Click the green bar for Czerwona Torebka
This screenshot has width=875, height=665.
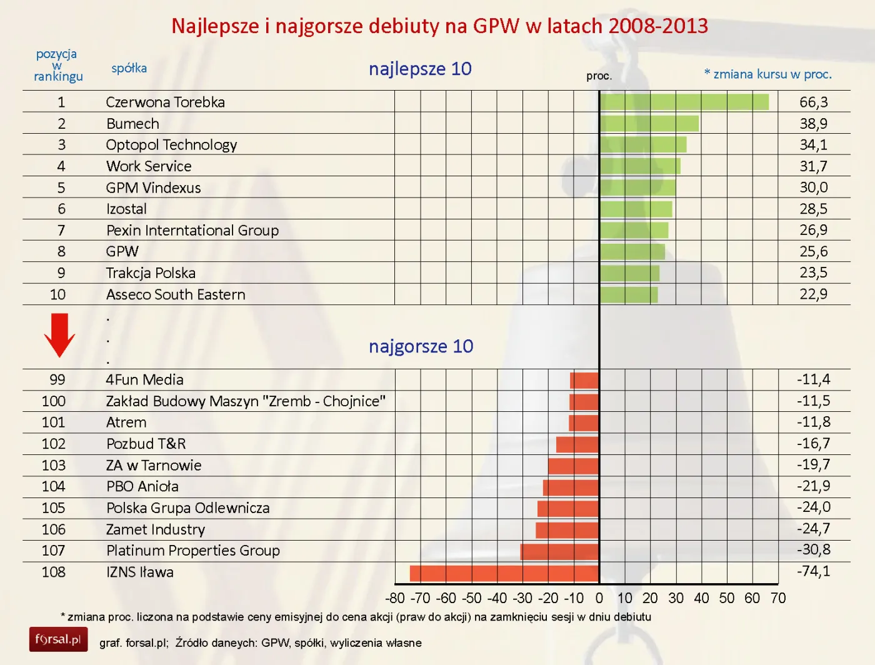(x=684, y=102)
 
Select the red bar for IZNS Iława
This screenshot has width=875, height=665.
(x=504, y=572)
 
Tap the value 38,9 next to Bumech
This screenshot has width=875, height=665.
(x=813, y=124)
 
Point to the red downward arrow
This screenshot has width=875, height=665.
(x=59, y=335)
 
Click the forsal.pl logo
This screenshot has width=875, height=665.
(x=58, y=639)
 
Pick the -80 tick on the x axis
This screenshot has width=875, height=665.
(x=395, y=598)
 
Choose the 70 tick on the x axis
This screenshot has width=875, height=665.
(x=778, y=598)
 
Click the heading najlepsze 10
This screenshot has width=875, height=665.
(x=420, y=69)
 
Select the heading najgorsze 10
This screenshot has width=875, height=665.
(x=421, y=346)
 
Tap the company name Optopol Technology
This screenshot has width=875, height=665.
(x=171, y=145)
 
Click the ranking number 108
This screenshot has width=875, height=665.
(x=54, y=572)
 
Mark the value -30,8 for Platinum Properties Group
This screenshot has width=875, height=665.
(x=813, y=550)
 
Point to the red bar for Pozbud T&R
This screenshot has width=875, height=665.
(x=577, y=444)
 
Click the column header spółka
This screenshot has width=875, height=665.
(x=129, y=68)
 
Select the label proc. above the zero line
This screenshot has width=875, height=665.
(x=599, y=76)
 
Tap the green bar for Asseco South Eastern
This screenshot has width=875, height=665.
(x=628, y=294)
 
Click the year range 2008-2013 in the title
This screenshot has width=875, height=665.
(x=658, y=26)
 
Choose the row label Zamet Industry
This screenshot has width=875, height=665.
(x=156, y=529)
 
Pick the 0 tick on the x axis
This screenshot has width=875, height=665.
(x=599, y=598)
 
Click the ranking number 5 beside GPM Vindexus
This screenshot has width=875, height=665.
(x=61, y=187)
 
